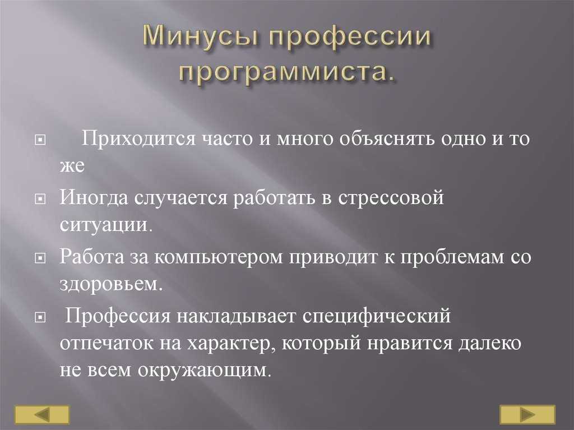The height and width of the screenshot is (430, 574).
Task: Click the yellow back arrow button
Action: (41, 415)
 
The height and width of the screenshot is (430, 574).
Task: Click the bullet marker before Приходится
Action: (40, 140)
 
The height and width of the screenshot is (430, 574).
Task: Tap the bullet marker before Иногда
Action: (40, 199)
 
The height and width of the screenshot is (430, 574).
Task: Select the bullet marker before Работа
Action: (40, 258)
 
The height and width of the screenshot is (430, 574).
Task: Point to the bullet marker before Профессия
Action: (40, 317)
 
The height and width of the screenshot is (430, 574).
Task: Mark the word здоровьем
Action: (109, 284)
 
